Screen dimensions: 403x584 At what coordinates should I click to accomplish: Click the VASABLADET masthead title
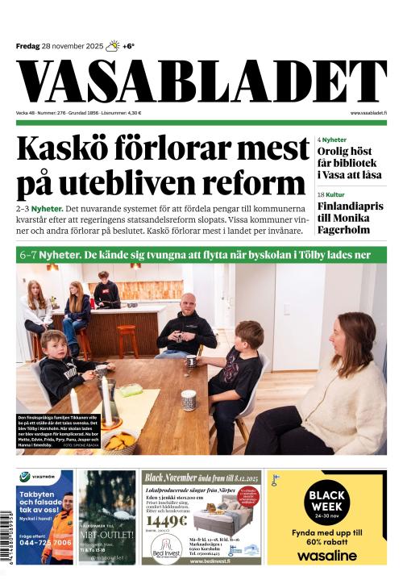tap(201, 82)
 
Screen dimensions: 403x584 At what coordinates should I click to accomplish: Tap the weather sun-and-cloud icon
tap(113, 46)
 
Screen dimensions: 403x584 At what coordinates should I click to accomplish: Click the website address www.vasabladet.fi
tap(368, 113)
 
